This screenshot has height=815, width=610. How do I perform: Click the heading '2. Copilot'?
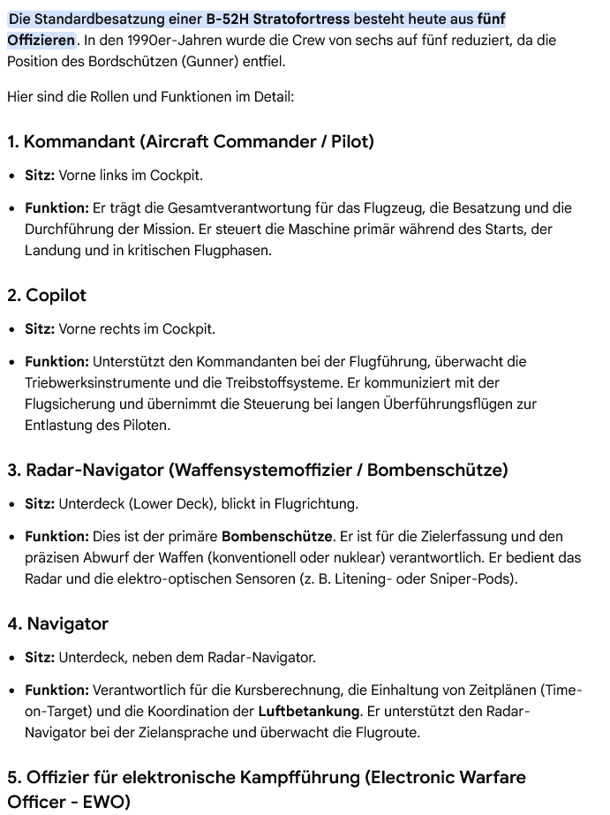click(47, 296)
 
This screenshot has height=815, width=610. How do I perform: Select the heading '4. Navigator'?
click(57, 624)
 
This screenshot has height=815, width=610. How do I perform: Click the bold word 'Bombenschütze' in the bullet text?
click(276, 537)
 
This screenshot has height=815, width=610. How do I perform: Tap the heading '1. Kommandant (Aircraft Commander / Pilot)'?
click(191, 142)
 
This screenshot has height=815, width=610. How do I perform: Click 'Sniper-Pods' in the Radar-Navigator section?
click(475, 579)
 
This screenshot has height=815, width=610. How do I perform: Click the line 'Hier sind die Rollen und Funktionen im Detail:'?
click(150, 96)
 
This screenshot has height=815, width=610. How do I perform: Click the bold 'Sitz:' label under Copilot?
click(40, 329)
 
